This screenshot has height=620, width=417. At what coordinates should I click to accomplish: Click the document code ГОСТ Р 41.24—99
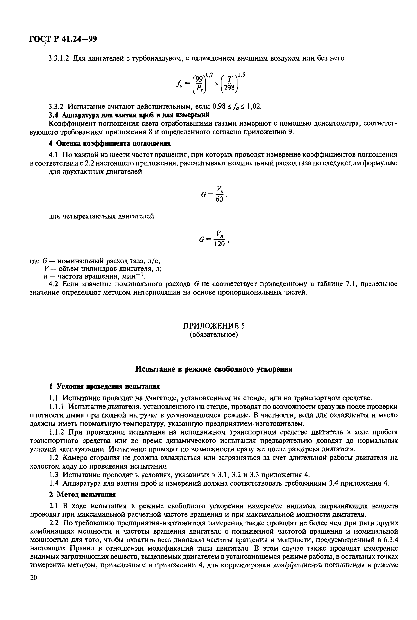click(63, 39)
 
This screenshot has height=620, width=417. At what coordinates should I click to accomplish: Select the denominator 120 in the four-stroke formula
click(219, 244)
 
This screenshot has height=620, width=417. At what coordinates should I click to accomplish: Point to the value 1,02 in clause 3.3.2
click(254, 107)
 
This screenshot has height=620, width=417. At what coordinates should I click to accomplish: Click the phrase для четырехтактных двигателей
click(101, 216)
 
